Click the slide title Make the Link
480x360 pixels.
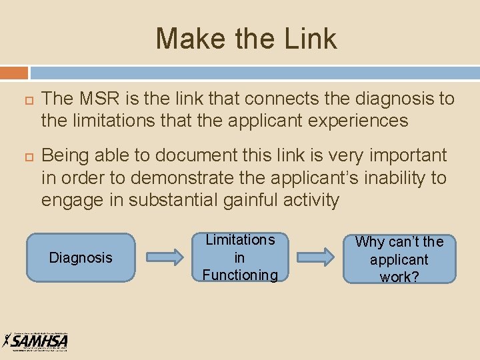(246, 39)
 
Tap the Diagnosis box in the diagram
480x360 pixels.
(81, 257)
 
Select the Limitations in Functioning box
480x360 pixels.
(239, 257)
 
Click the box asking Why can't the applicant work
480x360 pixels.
(399, 259)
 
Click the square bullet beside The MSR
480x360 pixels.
(20, 100)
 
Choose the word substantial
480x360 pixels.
(164, 200)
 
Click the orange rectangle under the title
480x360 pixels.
(14, 72)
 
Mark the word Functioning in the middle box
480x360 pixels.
(239, 275)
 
